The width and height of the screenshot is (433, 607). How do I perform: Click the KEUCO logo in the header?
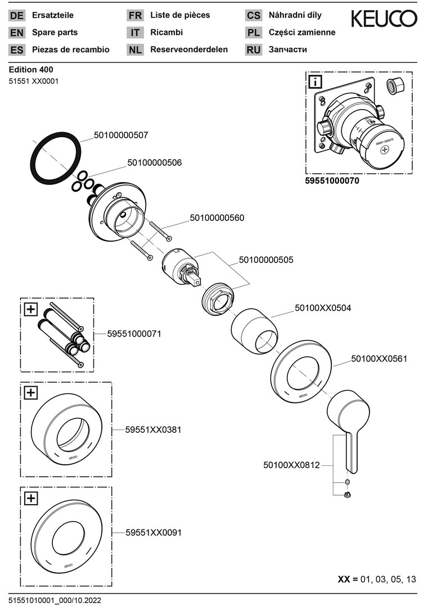pyautogui.click(x=384, y=19)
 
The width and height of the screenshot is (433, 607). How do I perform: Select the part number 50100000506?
pyautogui.click(x=155, y=162)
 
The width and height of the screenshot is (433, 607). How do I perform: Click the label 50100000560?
pyautogui.click(x=217, y=218)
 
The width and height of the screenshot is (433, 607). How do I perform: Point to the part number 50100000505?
pyautogui.click(x=266, y=260)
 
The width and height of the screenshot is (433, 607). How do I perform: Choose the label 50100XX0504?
pyautogui.click(x=323, y=308)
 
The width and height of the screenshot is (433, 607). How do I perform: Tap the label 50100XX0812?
pyautogui.click(x=291, y=465)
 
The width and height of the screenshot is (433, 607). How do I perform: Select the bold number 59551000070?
pyautogui.click(x=332, y=182)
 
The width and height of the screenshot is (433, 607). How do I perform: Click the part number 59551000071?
pyautogui.click(x=134, y=333)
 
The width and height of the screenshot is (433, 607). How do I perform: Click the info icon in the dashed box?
pyautogui.click(x=315, y=82)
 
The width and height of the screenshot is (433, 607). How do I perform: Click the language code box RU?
pyautogui.click(x=254, y=49)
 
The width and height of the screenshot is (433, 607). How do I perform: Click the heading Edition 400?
pyautogui.click(x=31, y=70)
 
